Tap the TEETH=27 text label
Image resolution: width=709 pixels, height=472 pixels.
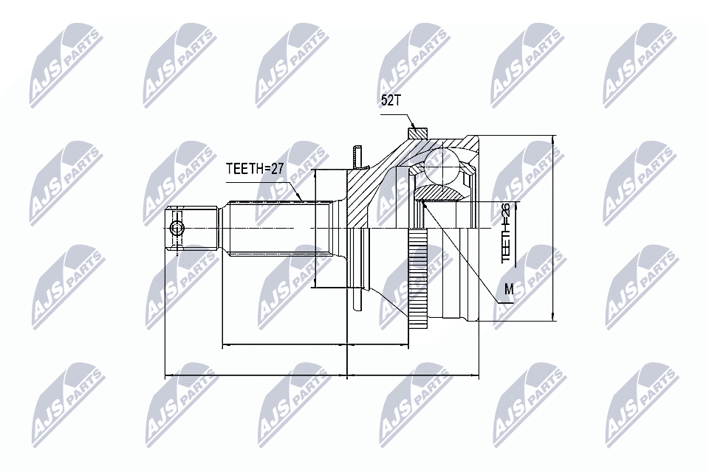[x=255, y=169]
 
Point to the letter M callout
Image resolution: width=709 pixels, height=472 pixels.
[x=509, y=290]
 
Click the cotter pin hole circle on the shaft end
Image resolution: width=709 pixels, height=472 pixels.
[x=176, y=229]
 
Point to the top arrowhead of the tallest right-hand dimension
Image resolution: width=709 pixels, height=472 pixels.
[x=552, y=139]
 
